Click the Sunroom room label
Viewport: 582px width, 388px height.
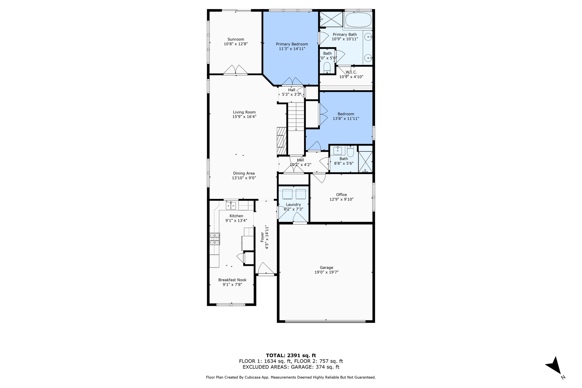pyautogui.click(x=236, y=39)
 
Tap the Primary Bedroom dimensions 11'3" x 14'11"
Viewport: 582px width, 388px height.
pyautogui.click(x=292, y=49)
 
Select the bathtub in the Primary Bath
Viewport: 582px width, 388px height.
pyautogui.click(x=358, y=19)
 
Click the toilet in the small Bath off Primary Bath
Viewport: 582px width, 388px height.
pyautogui.click(x=327, y=67)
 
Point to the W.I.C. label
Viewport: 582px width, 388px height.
pyautogui.click(x=351, y=72)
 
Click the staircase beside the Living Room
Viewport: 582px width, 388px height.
pyautogui.click(x=296, y=117)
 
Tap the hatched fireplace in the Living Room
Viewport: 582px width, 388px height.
pyautogui.click(x=282, y=141)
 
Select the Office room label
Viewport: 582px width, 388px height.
pyautogui.click(x=341, y=195)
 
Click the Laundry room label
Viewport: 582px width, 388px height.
pyautogui.click(x=293, y=204)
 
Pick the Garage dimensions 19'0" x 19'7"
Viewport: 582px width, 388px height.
pyautogui.click(x=326, y=272)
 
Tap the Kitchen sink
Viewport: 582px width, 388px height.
pyautogui.click(x=231, y=205)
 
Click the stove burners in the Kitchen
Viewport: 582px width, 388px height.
pyautogui.click(x=215, y=239)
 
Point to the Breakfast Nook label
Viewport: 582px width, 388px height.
pyautogui.click(x=232, y=280)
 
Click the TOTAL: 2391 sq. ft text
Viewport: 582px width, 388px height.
pyautogui.click(x=291, y=355)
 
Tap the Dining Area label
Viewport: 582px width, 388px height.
pyautogui.click(x=244, y=173)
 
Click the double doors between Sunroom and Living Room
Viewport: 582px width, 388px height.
pyautogui.click(x=236, y=70)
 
